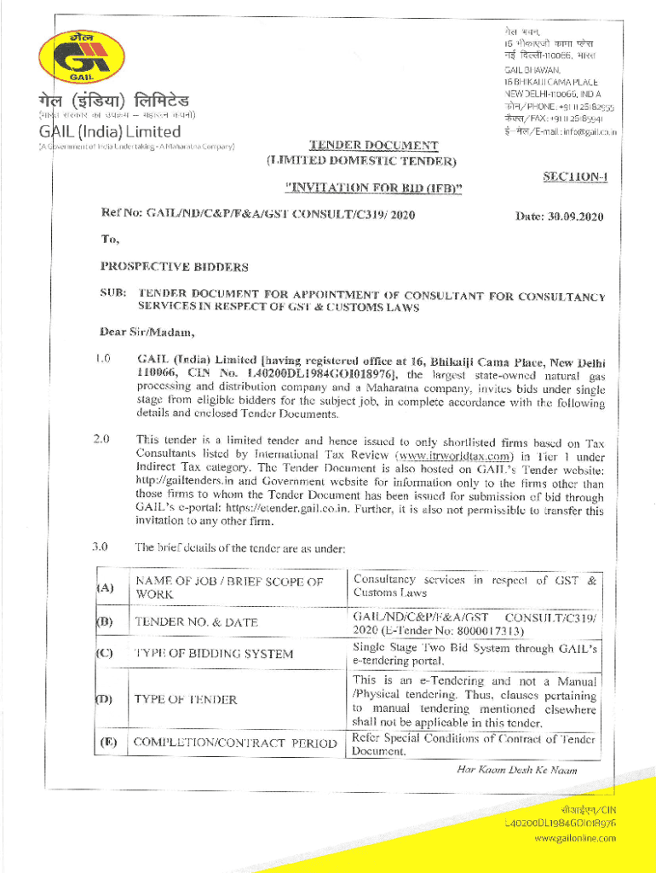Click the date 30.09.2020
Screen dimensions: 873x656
point(579,217)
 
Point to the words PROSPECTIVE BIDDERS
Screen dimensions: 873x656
point(174,267)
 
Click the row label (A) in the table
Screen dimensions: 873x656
point(106,587)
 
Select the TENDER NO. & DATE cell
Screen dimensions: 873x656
point(196,622)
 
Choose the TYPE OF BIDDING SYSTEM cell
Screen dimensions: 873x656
point(213,654)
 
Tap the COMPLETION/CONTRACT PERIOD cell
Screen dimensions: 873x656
point(230,743)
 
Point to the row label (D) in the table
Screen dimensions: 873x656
point(105,699)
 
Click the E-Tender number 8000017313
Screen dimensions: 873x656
point(485,631)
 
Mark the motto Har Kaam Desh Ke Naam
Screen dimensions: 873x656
point(516,770)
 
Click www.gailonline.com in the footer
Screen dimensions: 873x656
point(575,839)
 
